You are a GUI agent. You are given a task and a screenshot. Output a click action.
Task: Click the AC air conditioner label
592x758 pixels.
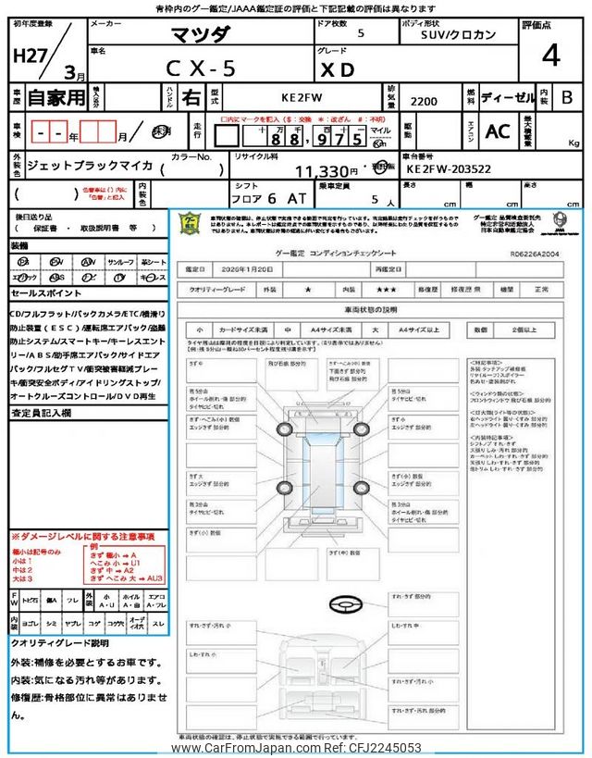[498, 131]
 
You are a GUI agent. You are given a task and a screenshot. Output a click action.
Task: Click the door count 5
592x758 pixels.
[360, 32]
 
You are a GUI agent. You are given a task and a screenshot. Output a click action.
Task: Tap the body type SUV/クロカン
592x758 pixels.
[453, 34]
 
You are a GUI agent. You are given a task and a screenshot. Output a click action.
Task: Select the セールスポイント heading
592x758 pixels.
[46, 292]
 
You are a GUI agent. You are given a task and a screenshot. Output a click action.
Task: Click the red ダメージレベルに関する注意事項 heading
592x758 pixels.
[83, 537]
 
